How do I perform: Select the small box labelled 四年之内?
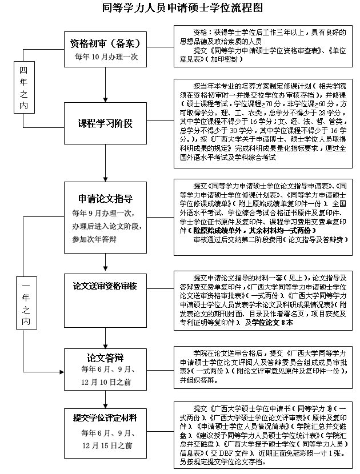point(23,86)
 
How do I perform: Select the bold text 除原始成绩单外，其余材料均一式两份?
point(252,230)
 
